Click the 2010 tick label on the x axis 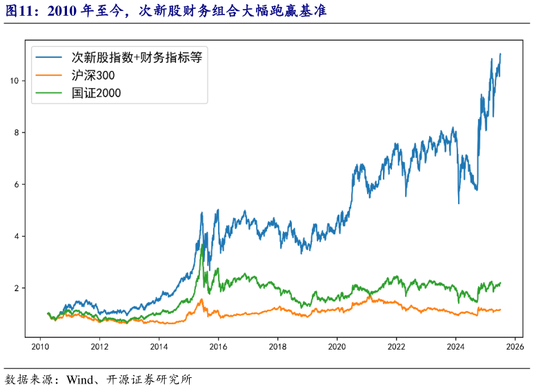pos(41,348)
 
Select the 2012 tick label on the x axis pos(100,348)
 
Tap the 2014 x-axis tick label pos(159,348)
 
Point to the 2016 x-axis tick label pos(219,348)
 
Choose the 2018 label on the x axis pos(278,348)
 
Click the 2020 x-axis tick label pos(337,348)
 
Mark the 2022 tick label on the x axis pos(397,348)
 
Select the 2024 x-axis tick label pos(456,348)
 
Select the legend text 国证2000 pos(96,92)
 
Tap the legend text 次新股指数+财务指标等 pos(136,57)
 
